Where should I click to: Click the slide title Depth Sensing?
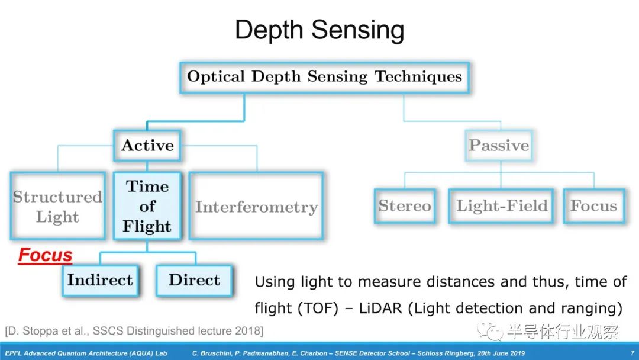(x=319, y=30)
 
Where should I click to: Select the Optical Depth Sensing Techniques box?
(x=324, y=77)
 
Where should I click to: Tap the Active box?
(x=147, y=146)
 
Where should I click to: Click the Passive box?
(x=499, y=146)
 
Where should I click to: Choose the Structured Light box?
(x=57, y=207)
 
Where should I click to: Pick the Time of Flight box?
(x=147, y=206)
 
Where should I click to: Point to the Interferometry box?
(x=256, y=207)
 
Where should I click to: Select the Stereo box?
(x=405, y=206)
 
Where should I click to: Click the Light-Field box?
(x=501, y=206)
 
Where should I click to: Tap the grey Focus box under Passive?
(x=593, y=206)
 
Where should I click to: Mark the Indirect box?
(x=100, y=280)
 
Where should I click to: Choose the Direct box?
(x=194, y=280)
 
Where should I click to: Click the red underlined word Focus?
(x=45, y=256)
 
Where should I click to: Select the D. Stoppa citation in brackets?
(x=134, y=330)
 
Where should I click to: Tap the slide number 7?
(x=632, y=353)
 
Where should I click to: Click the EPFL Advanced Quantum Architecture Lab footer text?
(x=86, y=353)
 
